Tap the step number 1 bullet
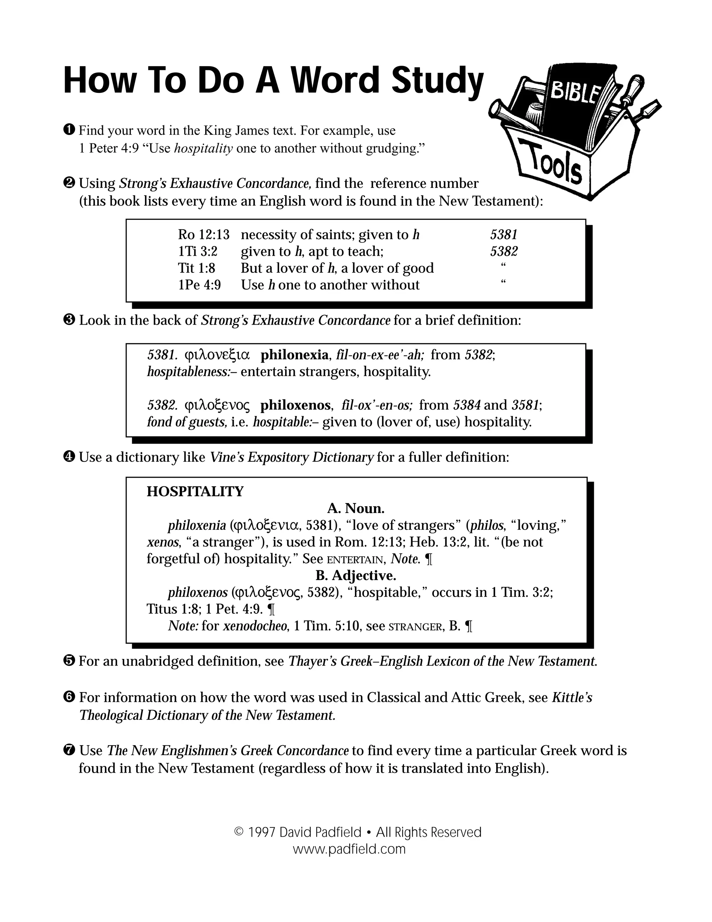pyautogui.click(x=70, y=130)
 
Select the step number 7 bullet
pyautogui.click(x=70, y=750)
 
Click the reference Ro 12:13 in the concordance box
pyautogui.click(x=203, y=235)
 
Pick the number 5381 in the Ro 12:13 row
pyautogui.click(x=504, y=235)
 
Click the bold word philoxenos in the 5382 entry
pyautogui.click(x=295, y=405)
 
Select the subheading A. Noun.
pyautogui.click(x=356, y=509)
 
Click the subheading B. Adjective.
pyautogui.click(x=356, y=576)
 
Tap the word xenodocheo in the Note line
pyautogui.click(x=255, y=626)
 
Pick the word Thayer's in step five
pyautogui.click(x=312, y=661)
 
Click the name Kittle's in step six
pyautogui.click(x=572, y=697)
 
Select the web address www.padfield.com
pyautogui.click(x=349, y=849)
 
